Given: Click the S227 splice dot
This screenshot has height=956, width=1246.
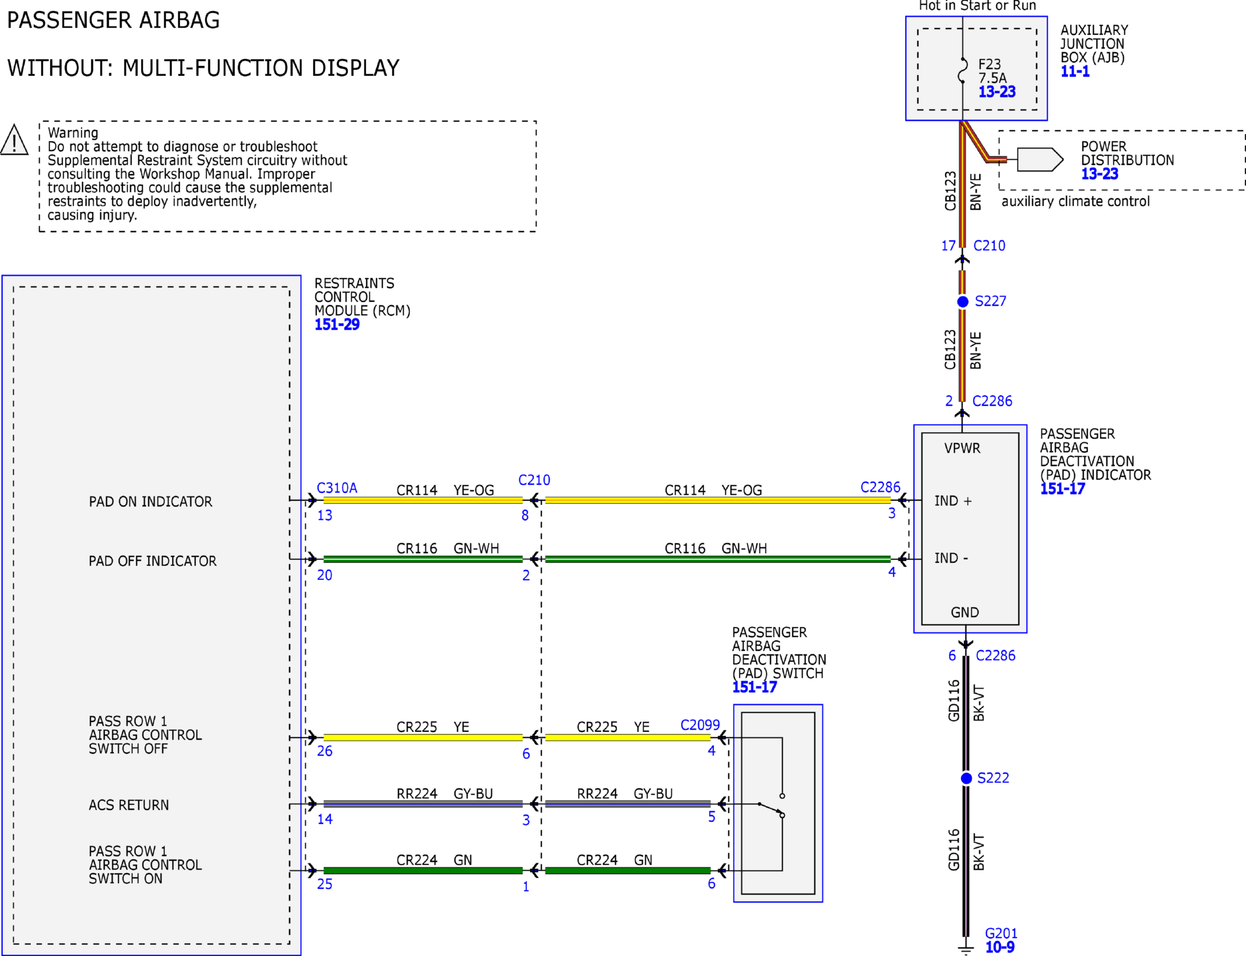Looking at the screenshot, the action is click(962, 302).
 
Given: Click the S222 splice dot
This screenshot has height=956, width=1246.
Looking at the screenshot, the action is click(966, 778).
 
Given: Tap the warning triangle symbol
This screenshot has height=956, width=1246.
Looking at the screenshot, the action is click(14, 140).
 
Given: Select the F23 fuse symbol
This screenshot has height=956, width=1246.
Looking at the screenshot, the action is click(962, 70).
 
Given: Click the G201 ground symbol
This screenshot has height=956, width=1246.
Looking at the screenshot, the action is click(966, 948).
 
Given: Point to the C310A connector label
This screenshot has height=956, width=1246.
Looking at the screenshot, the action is click(337, 488).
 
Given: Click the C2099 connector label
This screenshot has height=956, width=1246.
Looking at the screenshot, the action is click(700, 725).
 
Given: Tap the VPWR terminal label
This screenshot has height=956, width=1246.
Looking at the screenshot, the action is click(962, 448).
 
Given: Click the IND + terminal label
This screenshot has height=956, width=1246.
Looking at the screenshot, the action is click(953, 501).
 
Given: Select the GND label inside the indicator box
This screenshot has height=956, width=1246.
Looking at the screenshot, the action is click(965, 612).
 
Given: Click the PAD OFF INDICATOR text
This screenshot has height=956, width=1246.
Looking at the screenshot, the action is click(153, 561).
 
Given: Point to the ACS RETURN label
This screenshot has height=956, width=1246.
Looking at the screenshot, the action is click(129, 805).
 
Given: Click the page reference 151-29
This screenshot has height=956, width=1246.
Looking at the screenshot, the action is click(337, 325).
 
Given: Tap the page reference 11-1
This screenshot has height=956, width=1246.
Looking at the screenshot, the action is click(1075, 71).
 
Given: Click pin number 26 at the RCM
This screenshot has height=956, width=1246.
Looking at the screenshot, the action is click(325, 751).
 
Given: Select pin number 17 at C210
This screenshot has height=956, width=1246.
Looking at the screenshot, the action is click(948, 246).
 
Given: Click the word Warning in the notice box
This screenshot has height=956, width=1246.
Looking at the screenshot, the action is click(73, 133).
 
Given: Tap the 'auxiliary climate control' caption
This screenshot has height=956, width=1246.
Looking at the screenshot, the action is click(1076, 202).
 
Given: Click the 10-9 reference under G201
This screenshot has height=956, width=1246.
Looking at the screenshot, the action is click(1000, 947).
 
